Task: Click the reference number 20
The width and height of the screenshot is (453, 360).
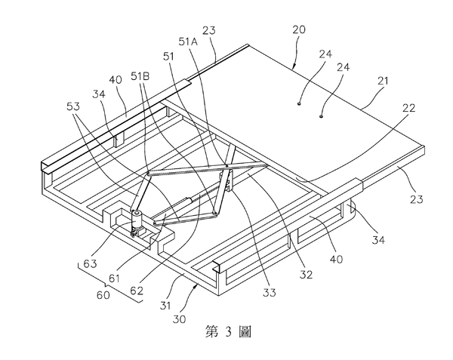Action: (x=299, y=29)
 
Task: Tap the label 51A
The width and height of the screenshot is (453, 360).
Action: (x=188, y=42)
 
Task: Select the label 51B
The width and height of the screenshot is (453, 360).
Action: (x=140, y=76)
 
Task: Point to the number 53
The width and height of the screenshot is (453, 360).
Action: (x=73, y=106)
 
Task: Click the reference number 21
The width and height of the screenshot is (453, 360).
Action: (x=383, y=81)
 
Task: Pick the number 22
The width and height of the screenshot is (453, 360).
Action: (x=408, y=108)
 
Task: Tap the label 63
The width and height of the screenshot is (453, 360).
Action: (x=90, y=263)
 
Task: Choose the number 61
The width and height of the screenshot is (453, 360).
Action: (x=114, y=278)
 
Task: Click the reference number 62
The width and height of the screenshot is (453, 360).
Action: (x=137, y=290)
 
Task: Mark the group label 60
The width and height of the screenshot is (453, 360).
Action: (x=103, y=295)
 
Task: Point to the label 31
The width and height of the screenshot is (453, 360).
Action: (x=165, y=306)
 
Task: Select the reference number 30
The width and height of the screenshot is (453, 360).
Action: (x=179, y=319)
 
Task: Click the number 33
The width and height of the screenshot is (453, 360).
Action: (x=269, y=293)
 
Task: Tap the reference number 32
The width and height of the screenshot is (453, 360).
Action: (x=306, y=275)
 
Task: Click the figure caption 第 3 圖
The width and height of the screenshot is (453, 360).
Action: (x=228, y=331)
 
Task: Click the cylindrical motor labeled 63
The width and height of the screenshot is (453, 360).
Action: (x=136, y=220)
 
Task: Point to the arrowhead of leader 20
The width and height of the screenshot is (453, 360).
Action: (x=293, y=68)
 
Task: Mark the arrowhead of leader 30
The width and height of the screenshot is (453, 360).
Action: (x=197, y=286)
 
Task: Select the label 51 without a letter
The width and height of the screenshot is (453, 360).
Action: (x=168, y=57)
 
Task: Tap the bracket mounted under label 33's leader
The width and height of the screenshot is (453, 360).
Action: (x=227, y=181)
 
